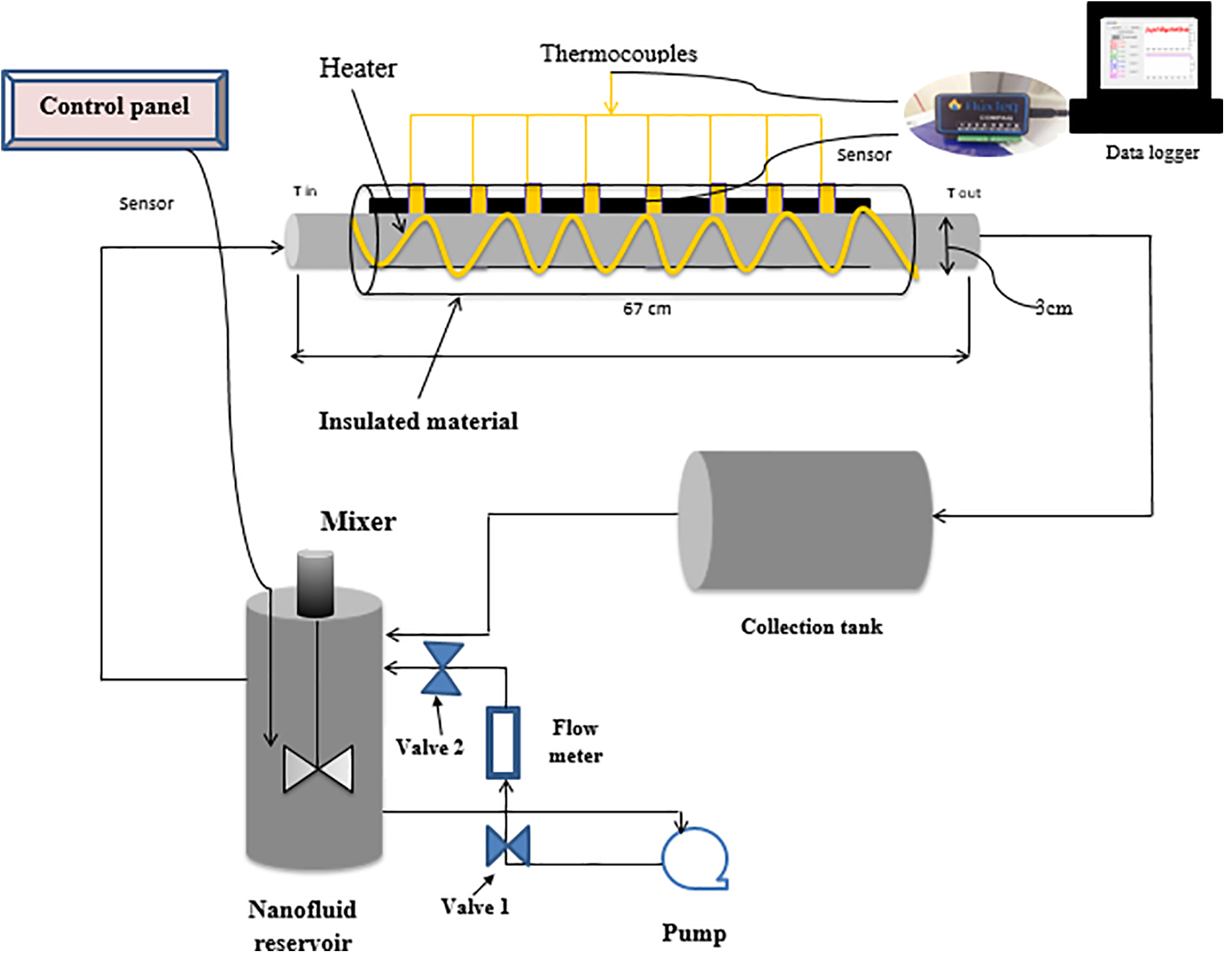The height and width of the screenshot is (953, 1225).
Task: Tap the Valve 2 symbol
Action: (x=442, y=669)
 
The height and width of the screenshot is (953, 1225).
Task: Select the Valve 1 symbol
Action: (x=508, y=846)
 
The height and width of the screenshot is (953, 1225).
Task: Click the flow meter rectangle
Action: (x=503, y=743)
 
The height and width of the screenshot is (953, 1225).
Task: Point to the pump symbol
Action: (x=694, y=858)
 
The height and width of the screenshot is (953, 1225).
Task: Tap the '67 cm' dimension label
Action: (x=646, y=309)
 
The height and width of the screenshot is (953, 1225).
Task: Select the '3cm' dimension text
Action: (x=1053, y=308)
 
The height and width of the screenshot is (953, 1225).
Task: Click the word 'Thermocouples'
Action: (x=618, y=53)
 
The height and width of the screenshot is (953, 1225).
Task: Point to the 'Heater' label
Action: (x=358, y=68)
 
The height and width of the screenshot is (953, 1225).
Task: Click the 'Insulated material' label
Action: (x=418, y=421)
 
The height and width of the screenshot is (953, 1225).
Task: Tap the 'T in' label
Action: (x=305, y=191)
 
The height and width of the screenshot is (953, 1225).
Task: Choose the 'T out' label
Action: (x=963, y=193)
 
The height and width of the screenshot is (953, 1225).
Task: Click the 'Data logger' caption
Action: (x=1152, y=152)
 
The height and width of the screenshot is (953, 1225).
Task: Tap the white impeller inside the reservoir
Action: (x=318, y=768)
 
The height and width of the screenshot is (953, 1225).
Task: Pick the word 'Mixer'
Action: (x=358, y=521)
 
